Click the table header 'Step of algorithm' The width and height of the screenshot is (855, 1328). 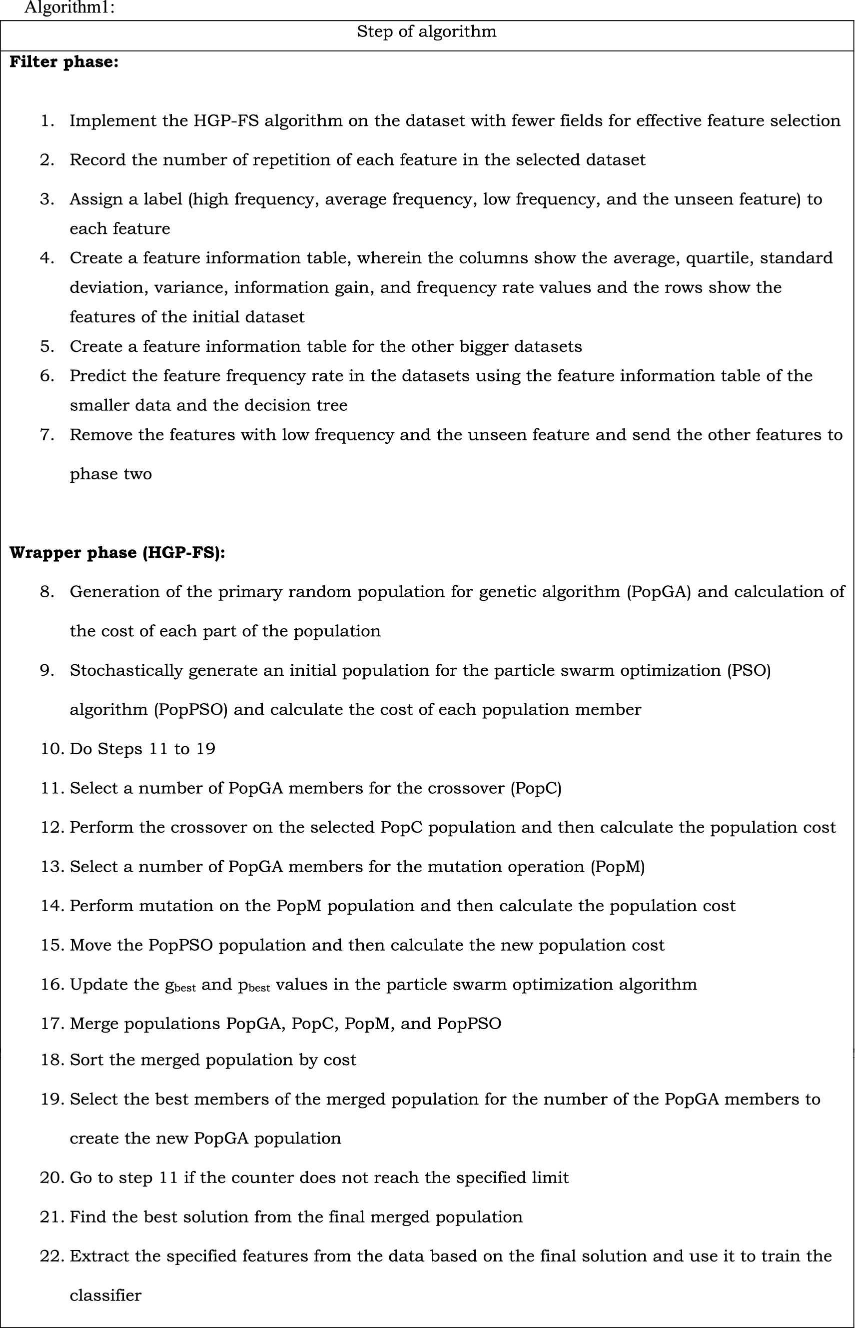(x=426, y=31)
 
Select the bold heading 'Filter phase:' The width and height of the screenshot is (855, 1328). (x=64, y=62)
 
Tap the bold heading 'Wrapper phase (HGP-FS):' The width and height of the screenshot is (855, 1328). (x=117, y=553)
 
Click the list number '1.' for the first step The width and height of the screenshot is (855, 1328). (x=48, y=121)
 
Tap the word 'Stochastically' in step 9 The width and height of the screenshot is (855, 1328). (x=126, y=671)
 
